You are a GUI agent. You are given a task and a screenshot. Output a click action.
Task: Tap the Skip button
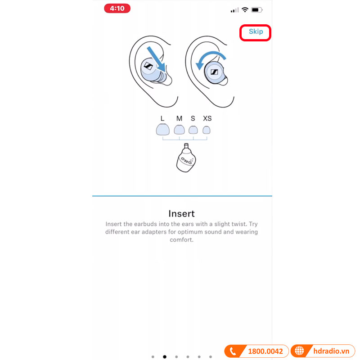256,32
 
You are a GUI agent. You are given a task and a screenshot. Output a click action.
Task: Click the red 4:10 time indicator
117,9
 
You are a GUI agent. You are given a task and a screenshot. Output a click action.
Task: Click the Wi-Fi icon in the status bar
245,9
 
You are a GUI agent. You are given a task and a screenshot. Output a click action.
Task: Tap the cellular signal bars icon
234,10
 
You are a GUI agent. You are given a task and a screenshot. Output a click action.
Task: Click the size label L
162,118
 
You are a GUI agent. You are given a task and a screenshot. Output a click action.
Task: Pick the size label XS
207,118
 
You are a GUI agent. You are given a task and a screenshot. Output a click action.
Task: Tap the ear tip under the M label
179,130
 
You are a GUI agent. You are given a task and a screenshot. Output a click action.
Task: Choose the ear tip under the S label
193,130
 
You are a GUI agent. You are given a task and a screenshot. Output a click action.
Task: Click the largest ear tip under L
162,130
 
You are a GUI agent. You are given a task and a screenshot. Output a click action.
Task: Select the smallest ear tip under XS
207,130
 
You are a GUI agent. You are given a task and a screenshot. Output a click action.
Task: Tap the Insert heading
181,213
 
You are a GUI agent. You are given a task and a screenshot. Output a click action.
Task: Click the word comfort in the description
181,240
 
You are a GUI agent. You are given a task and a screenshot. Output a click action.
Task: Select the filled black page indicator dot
164,356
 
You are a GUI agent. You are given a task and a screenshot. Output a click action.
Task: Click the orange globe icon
299,351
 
